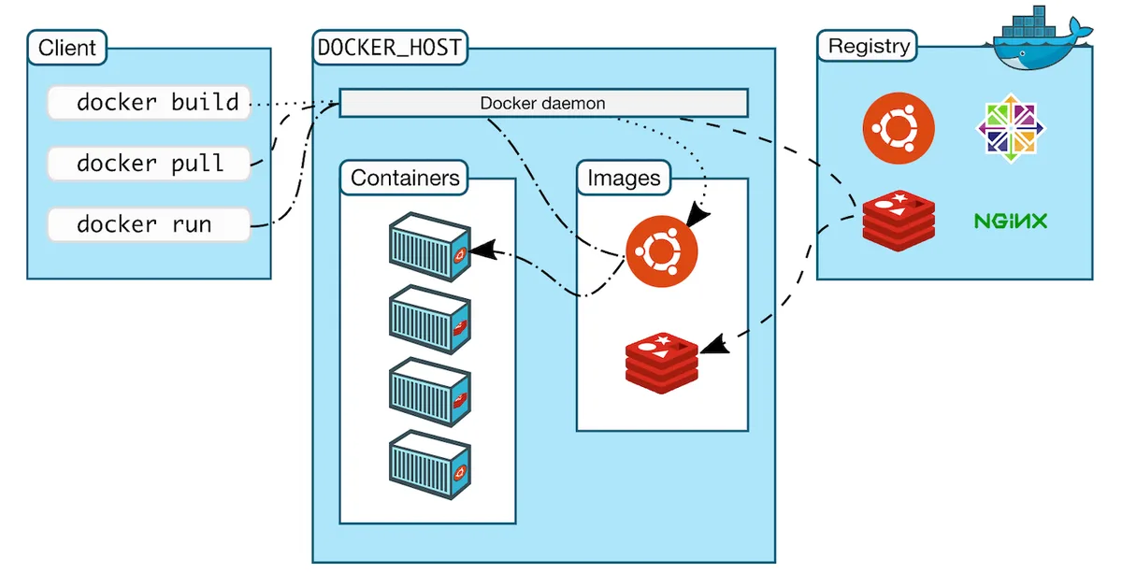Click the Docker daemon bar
(542, 103)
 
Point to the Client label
(67, 47)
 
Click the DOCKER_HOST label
(390, 48)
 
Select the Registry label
(868, 46)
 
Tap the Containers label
(405, 178)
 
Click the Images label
(624, 178)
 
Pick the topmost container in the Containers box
(428, 247)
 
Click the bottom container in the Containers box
(428, 465)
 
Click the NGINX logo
(1011, 222)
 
